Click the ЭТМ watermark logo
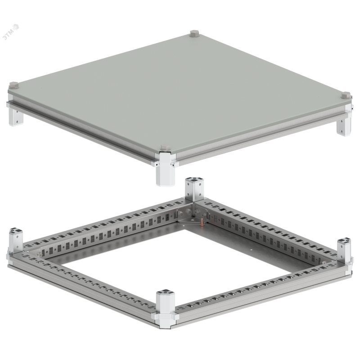click(11, 32)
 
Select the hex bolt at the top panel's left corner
click(14, 85)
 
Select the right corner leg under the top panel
click(344, 125)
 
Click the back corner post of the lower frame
click(194, 189)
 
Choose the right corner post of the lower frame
click(344, 250)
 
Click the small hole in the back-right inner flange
click(252, 250)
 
